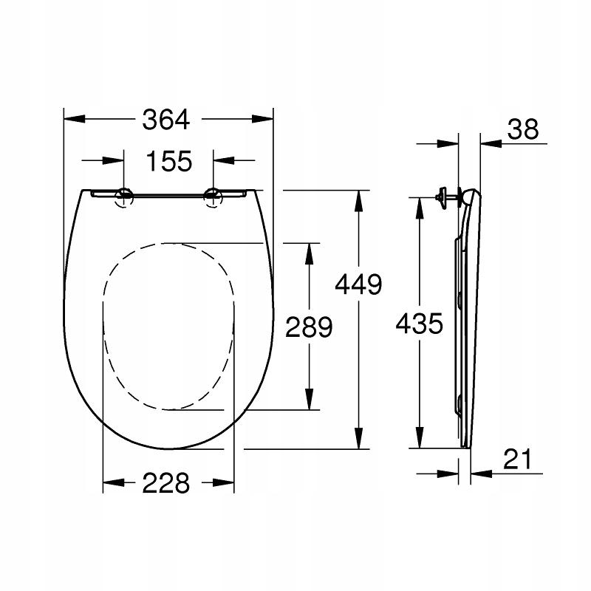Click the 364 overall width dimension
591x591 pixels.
point(167,118)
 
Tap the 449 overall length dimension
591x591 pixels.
point(358,284)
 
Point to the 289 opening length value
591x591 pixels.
point(310,327)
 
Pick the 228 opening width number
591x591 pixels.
point(167,483)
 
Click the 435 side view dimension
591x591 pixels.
point(419,323)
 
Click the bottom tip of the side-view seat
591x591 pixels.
point(464,448)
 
